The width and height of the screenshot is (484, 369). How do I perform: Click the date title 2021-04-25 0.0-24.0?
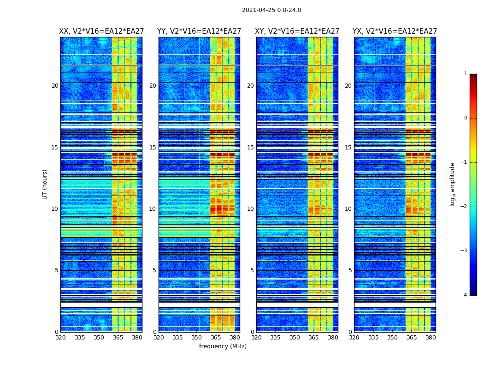coord(272,10)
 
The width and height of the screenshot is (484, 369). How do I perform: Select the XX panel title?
coord(101,31)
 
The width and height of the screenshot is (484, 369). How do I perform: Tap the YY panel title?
coord(199,31)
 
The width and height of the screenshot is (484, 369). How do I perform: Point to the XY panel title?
coord(297,31)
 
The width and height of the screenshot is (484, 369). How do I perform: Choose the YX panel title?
coord(395,31)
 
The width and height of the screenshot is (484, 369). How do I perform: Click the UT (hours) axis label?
coord(45,184)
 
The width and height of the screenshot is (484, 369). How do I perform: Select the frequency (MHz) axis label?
coord(223,346)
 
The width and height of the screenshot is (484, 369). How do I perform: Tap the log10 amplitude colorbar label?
coord(453,184)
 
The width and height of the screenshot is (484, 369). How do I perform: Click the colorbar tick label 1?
coord(465,74)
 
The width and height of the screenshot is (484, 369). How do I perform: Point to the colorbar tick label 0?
coord(465,118)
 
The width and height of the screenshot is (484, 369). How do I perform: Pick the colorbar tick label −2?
coord(464,207)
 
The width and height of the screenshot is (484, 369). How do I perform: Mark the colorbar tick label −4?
coord(464,295)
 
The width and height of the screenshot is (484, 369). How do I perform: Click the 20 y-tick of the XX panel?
coord(55,86)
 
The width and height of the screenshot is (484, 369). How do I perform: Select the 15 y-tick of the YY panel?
coord(153,148)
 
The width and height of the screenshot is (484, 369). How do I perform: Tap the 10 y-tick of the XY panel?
coord(250,209)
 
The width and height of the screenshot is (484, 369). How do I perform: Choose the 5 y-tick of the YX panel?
coord(350,270)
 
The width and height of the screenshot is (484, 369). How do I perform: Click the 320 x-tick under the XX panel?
coord(61,338)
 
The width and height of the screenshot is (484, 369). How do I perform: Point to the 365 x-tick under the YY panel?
coord(216,338)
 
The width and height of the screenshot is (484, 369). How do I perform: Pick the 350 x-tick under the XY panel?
coord(295,338)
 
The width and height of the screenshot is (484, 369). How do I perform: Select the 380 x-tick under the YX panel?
coord(431,338)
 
